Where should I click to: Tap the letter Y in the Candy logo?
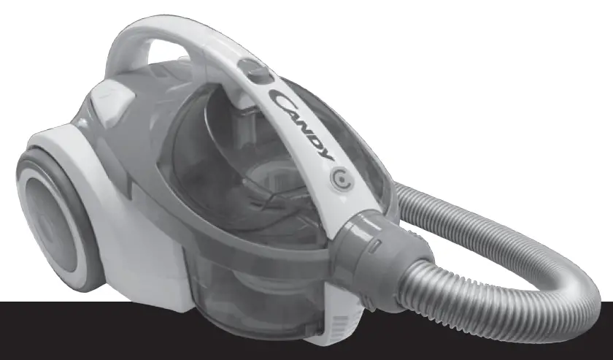[x=326, y=154]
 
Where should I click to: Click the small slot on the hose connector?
[x=372, y=250]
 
